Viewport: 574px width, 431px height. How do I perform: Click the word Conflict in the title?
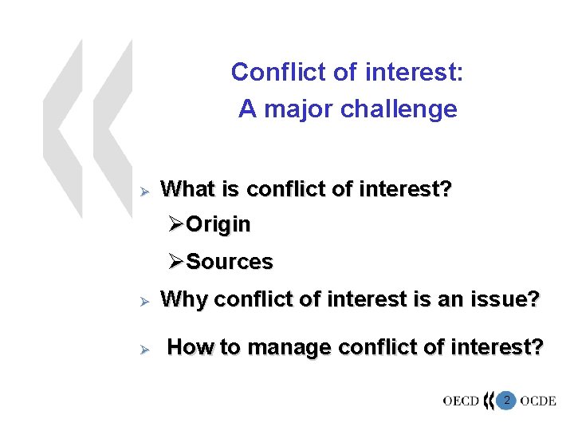point(268,73)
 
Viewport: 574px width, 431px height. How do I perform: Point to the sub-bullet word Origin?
point(218,225)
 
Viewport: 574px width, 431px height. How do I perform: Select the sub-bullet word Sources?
point(230,262)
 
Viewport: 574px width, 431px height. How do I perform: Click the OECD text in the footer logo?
point(461,401)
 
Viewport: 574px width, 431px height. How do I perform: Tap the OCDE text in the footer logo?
point(538,401)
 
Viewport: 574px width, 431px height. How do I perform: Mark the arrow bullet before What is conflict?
point(145,191)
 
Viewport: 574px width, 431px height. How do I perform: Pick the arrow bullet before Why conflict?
point(145,301)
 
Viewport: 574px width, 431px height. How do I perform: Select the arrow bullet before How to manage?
point(145,348)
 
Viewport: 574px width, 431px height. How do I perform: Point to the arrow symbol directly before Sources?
point(176,262)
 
